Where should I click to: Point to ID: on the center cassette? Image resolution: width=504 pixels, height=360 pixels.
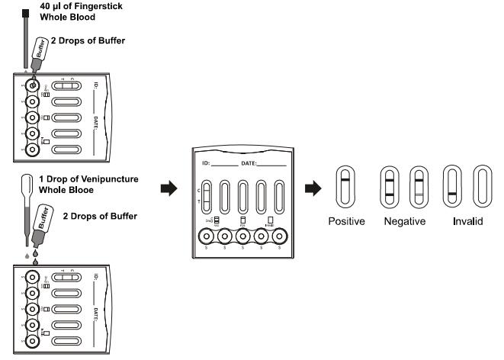click(x=205, y=163)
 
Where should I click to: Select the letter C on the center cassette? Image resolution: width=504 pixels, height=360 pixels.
click(x=200, y=190)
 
